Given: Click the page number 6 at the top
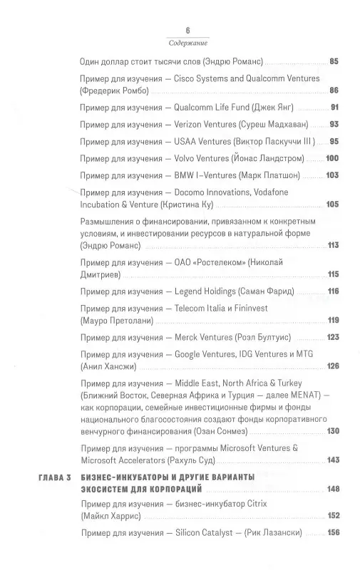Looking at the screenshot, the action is pos(187,30).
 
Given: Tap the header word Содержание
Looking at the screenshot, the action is pos(187,42).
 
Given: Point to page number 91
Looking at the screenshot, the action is pos(334,108).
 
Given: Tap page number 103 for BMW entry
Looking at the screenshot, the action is pos(332,173).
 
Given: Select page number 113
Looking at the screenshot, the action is pos(332,245).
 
